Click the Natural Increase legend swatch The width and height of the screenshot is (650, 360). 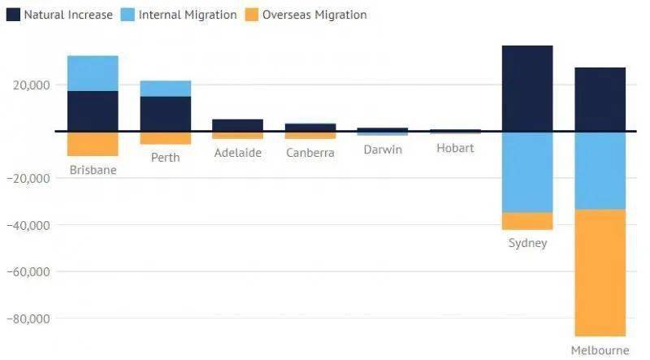point(12,15)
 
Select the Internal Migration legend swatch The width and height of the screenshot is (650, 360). point(128,15)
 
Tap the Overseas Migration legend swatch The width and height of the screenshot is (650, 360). point(251,15)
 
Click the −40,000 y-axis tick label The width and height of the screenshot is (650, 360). point(28,225)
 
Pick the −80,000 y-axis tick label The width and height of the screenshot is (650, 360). point(28,319)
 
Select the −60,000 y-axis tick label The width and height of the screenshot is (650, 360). point(28,271)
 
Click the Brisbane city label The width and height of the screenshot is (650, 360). point(93,171)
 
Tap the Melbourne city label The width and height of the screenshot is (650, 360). point(600,350)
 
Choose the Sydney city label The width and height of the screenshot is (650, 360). point(527,243)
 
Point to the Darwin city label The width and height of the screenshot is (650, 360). point(383,150)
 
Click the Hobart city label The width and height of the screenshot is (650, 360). point(455,148)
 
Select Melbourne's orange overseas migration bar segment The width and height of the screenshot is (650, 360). point(600,272)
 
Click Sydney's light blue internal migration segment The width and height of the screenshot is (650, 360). point(527,171)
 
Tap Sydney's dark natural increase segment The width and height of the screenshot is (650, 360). point(527,88)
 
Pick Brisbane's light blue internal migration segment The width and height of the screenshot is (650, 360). point(93,73)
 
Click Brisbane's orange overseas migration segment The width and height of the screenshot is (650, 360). point(93,143)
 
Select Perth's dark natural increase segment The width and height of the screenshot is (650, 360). point(166,113)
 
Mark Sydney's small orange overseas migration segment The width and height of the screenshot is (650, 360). point(527,221)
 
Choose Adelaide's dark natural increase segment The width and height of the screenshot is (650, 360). point(237,124)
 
